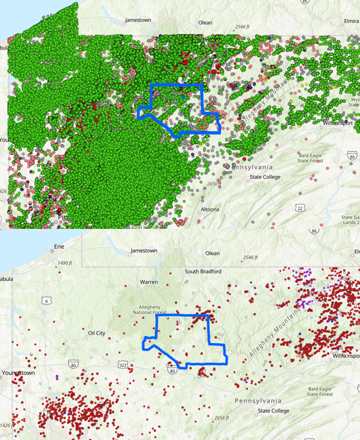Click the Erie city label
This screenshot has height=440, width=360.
(x=59, y=246)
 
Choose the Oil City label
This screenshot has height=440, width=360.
(x=96, y=333)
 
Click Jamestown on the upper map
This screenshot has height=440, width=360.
(x=138, y=20)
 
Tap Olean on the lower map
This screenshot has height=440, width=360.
(x=212, y=253)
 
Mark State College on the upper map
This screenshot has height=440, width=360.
(x=265, y=177)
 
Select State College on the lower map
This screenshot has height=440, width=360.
(x=274, y=411)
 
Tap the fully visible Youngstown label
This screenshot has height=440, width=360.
(x=18, y=373)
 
